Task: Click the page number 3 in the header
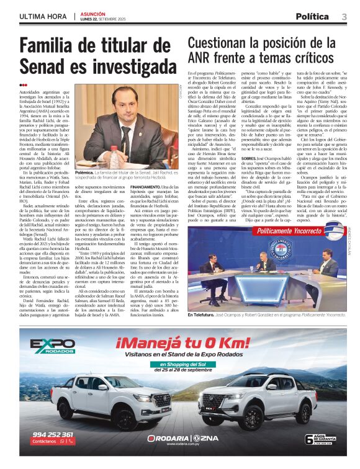coord(344,16)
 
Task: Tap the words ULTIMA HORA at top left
coord(43,16)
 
